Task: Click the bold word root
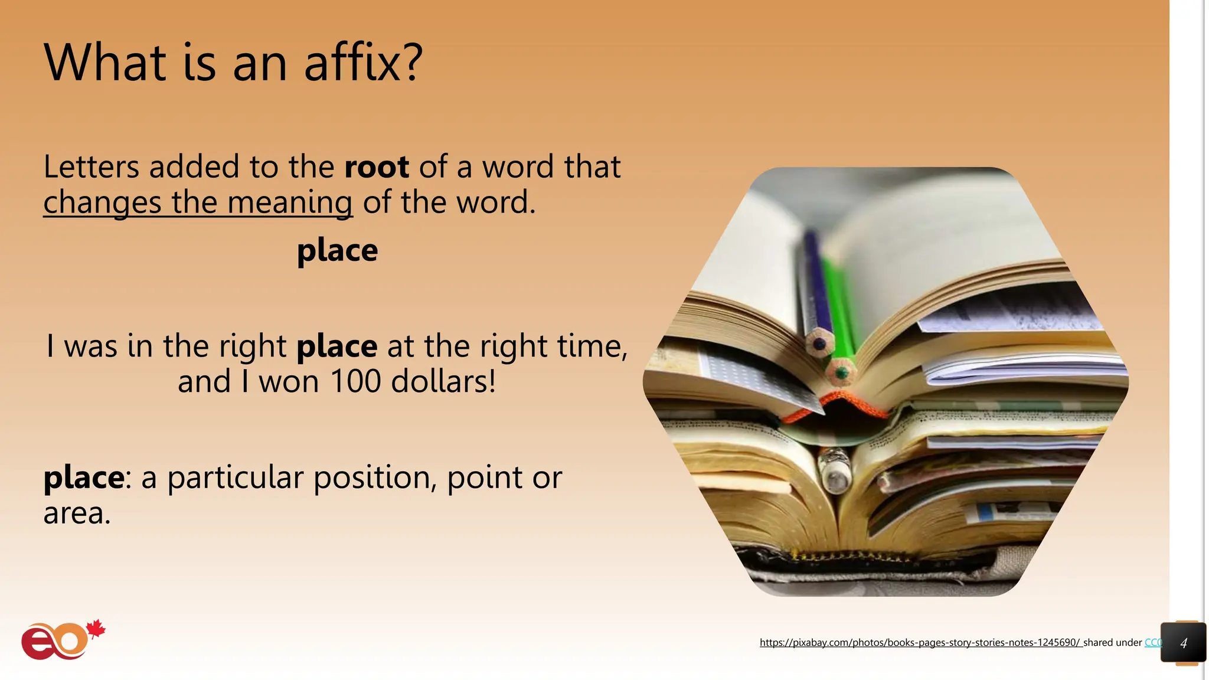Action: (377, 167)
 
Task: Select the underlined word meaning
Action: (290, 203)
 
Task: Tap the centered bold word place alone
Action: (337, 251)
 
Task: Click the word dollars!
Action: (443, 381)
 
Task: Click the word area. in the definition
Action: (77, 513)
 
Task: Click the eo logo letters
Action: (53, 642)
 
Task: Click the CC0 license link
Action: (1153, 642)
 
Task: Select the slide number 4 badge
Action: (1183, 643)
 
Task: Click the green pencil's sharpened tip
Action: (841, 373)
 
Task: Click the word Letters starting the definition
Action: (91, 167)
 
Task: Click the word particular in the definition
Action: (236, 477)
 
